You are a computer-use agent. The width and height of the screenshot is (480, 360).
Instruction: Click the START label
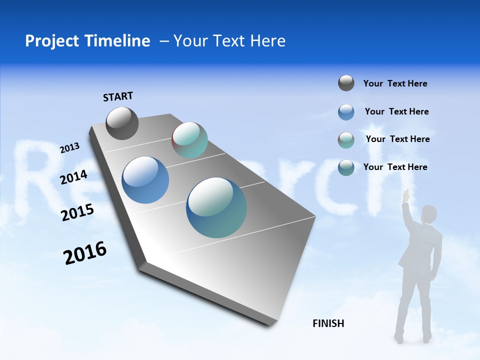[118, 96]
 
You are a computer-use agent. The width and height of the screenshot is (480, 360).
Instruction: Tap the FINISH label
[328, 323]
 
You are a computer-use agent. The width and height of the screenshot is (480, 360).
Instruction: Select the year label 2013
[70, 148]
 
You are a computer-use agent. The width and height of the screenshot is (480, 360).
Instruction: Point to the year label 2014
[74, 177]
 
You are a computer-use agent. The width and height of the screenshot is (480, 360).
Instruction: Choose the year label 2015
[77, 212]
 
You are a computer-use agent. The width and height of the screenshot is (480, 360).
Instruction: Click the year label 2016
[85, 253]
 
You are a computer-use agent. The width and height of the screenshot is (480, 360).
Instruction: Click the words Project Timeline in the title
[87, 41]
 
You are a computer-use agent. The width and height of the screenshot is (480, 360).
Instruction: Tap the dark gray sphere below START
[122, 123]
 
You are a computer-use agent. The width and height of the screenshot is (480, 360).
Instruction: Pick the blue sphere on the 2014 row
[145, 180]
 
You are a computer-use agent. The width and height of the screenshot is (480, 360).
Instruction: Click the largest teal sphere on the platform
[216, 207]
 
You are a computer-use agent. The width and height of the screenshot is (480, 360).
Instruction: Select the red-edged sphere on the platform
[189, 140]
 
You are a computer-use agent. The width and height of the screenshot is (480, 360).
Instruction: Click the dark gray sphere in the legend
[346, 83]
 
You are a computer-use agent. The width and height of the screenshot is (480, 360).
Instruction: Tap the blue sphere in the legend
[346, 112]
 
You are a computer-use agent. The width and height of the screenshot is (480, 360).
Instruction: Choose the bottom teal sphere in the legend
[346, 167]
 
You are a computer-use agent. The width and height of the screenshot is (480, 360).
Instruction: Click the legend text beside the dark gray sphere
[395, 83]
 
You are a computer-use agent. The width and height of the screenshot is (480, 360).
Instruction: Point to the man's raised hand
[406, 194]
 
